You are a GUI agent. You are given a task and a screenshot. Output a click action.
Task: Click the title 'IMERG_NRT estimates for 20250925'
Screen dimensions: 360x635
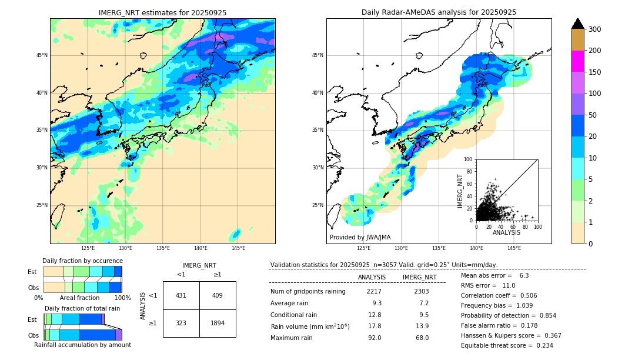162,12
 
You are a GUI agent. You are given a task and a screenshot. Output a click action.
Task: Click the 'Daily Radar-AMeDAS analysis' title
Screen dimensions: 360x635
439,12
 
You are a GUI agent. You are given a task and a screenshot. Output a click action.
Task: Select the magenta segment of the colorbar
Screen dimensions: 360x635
578,61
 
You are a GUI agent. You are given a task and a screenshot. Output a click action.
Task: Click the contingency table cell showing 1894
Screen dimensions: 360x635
217,323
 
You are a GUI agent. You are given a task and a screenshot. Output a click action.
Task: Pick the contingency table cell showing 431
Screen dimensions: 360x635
181,295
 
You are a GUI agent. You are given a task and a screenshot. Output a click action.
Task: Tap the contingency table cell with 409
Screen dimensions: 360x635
217,295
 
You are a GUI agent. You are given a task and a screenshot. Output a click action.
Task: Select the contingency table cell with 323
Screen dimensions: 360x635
181,323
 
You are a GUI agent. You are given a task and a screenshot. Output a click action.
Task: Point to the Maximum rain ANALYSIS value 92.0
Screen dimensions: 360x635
374,338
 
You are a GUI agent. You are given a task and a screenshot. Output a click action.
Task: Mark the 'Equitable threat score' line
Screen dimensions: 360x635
507,345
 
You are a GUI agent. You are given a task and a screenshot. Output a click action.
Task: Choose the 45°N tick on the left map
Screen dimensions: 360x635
42,55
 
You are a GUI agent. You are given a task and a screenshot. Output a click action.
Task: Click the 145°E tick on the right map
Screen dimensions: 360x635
514,248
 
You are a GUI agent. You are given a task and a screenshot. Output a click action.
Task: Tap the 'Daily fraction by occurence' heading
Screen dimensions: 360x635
82,261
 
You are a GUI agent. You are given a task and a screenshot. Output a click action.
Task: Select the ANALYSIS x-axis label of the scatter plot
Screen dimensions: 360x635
506,232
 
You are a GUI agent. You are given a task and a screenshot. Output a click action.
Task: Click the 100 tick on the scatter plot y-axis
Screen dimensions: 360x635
469,159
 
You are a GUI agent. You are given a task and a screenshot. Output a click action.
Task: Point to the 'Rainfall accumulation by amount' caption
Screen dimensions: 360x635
82,345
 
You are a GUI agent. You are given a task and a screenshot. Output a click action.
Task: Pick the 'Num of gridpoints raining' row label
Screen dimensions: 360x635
308,291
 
